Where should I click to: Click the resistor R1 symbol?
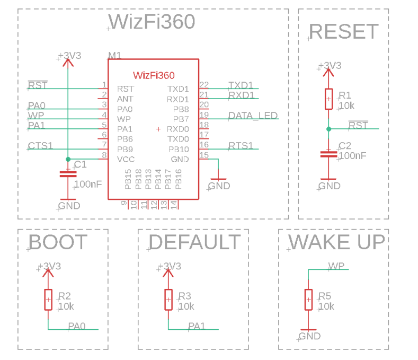(328, 99)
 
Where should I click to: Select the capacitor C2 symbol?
(328, 154)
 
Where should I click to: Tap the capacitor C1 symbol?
(67, 174)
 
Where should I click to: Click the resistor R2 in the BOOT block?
(48, 300)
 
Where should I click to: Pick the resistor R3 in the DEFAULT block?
(168, 300)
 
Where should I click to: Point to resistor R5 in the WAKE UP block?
(308, 300)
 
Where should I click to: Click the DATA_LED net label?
(253, 116)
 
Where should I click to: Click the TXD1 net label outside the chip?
(241, 85)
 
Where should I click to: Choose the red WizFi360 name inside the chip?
(154, 75)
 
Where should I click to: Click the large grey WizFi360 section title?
(152, 22)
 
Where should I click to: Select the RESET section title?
(343, 32)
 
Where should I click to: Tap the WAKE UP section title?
(336, 242)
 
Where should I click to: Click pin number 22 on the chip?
(204, 85)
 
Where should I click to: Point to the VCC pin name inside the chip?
(126, 159)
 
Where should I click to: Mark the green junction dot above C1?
(67, 159)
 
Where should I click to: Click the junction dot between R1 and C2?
(328, 129)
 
